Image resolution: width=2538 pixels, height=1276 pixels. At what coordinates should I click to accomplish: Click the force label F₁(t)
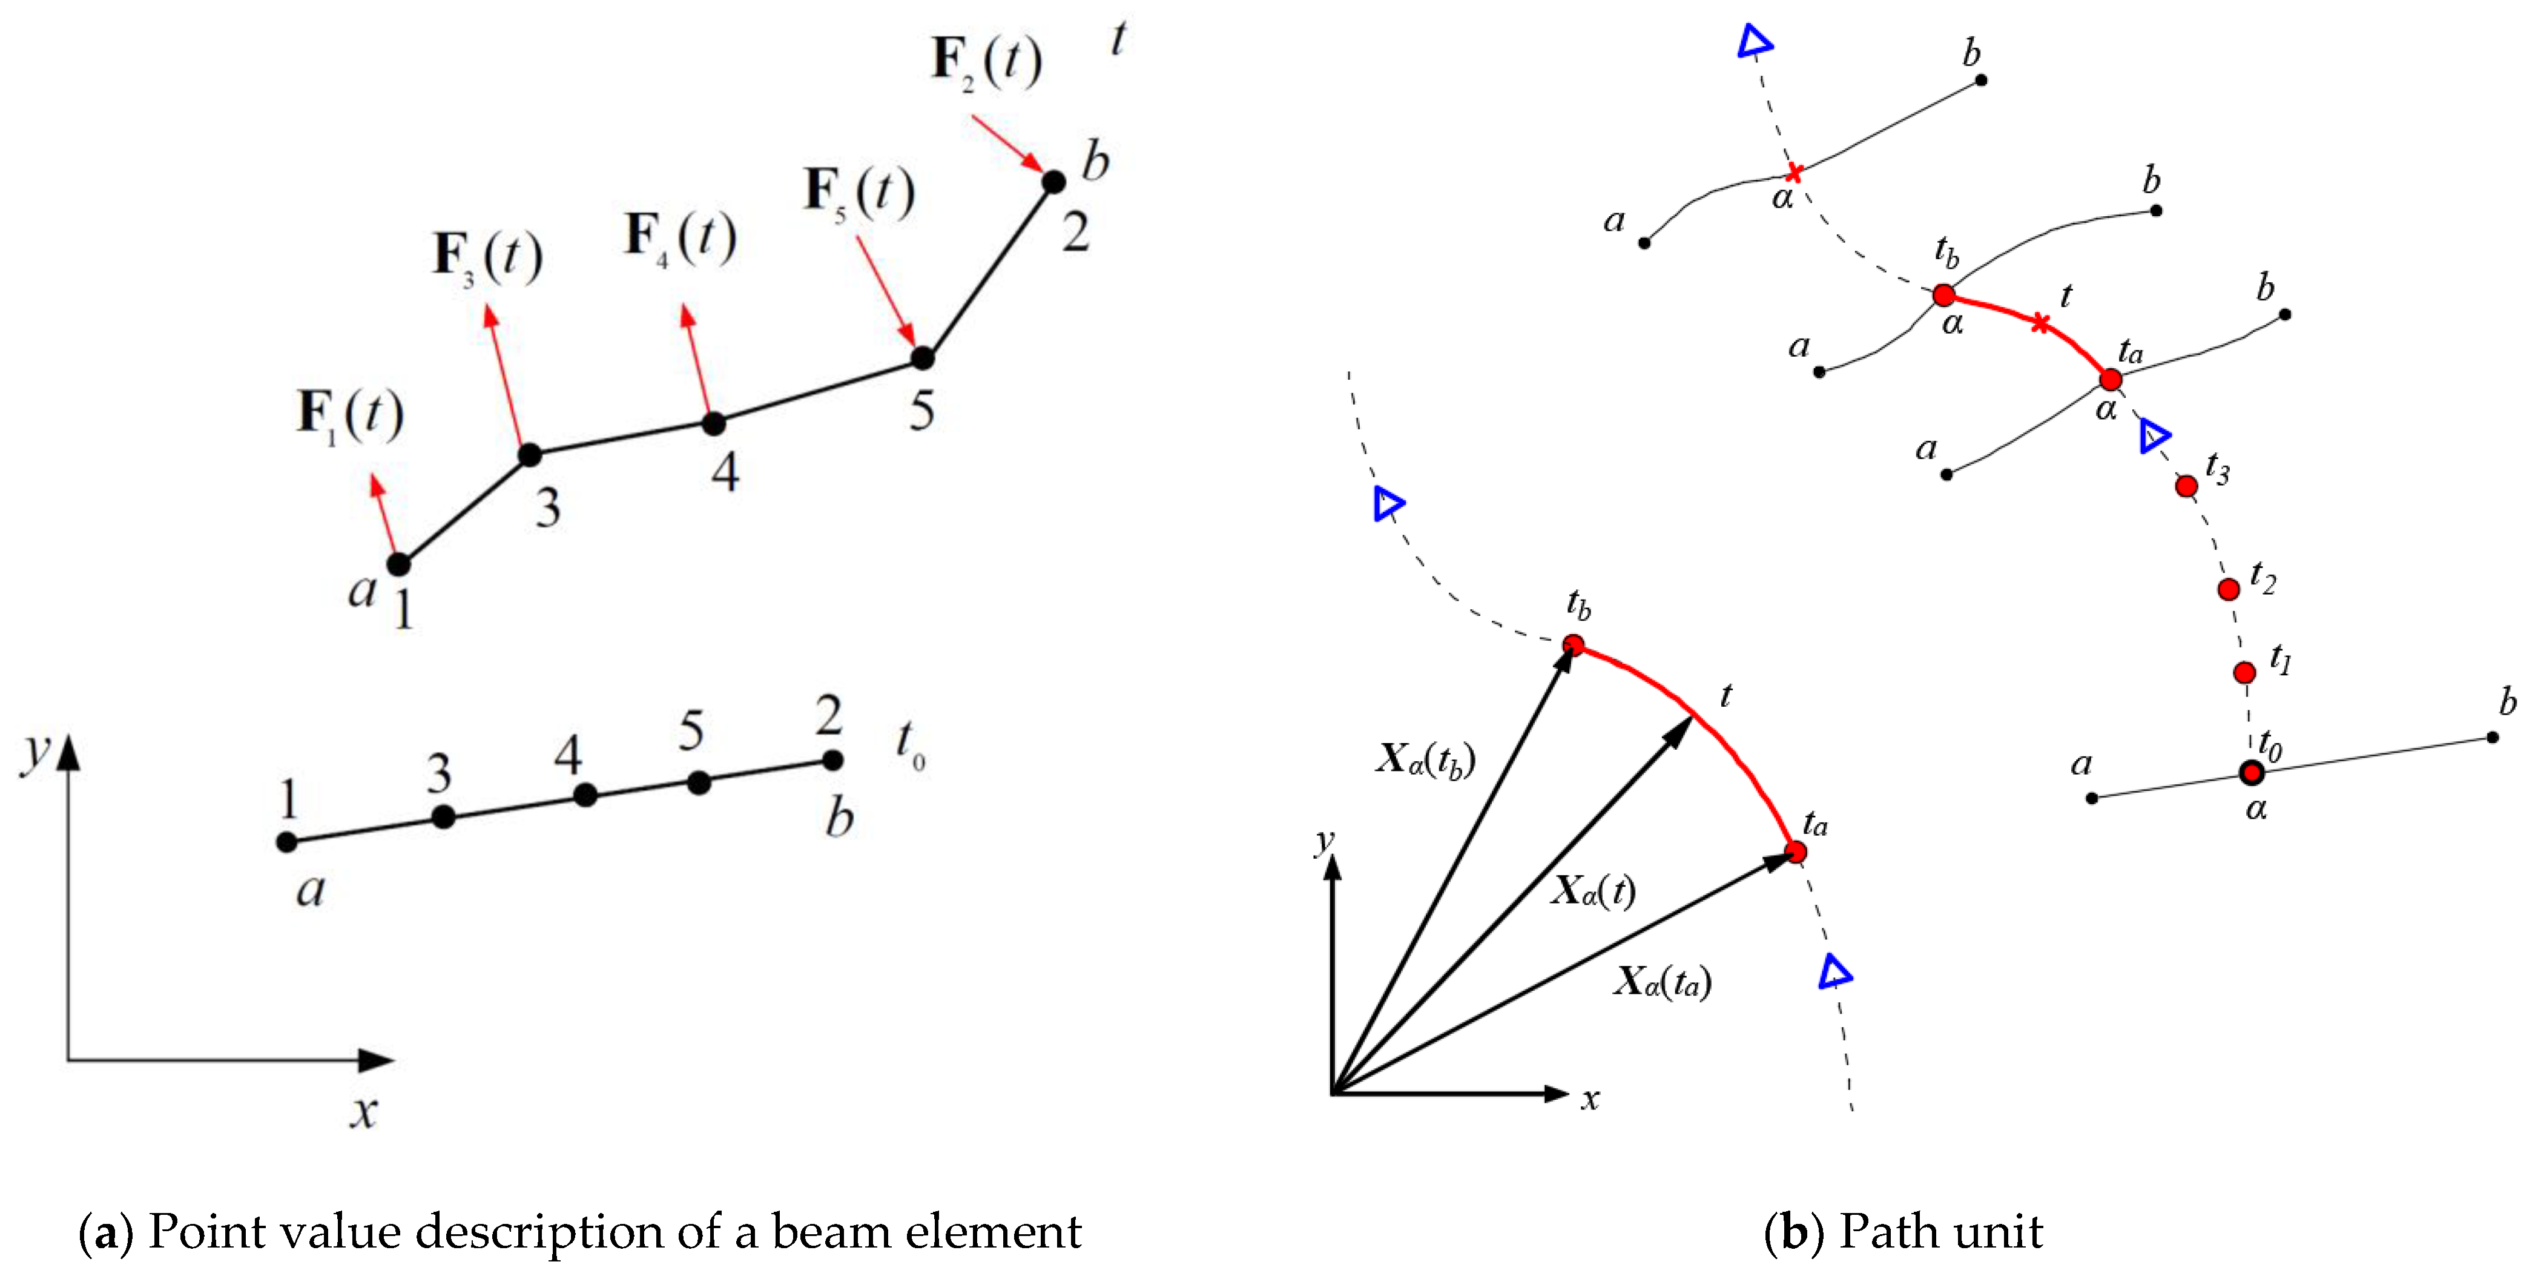pyautogui.click(x=350, y=416)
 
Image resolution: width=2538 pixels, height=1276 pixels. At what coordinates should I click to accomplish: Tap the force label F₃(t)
pyautogui.click(x=487, y=256)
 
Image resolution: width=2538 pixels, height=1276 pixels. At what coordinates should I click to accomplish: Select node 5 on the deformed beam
pyautogui.click(x=922, y=359)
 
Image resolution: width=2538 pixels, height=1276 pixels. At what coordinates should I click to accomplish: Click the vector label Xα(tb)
pyautogui.click(x=1425, y=759)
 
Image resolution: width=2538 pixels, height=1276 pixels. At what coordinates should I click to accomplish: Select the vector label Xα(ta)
pyautogui.click(x=1662, y=982)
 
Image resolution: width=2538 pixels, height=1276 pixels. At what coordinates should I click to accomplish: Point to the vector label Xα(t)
pyautogui.click(x=1593, y=891)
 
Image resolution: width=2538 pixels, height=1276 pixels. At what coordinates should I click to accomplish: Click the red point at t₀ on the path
pyautogui.click(x=2251, y=773)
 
